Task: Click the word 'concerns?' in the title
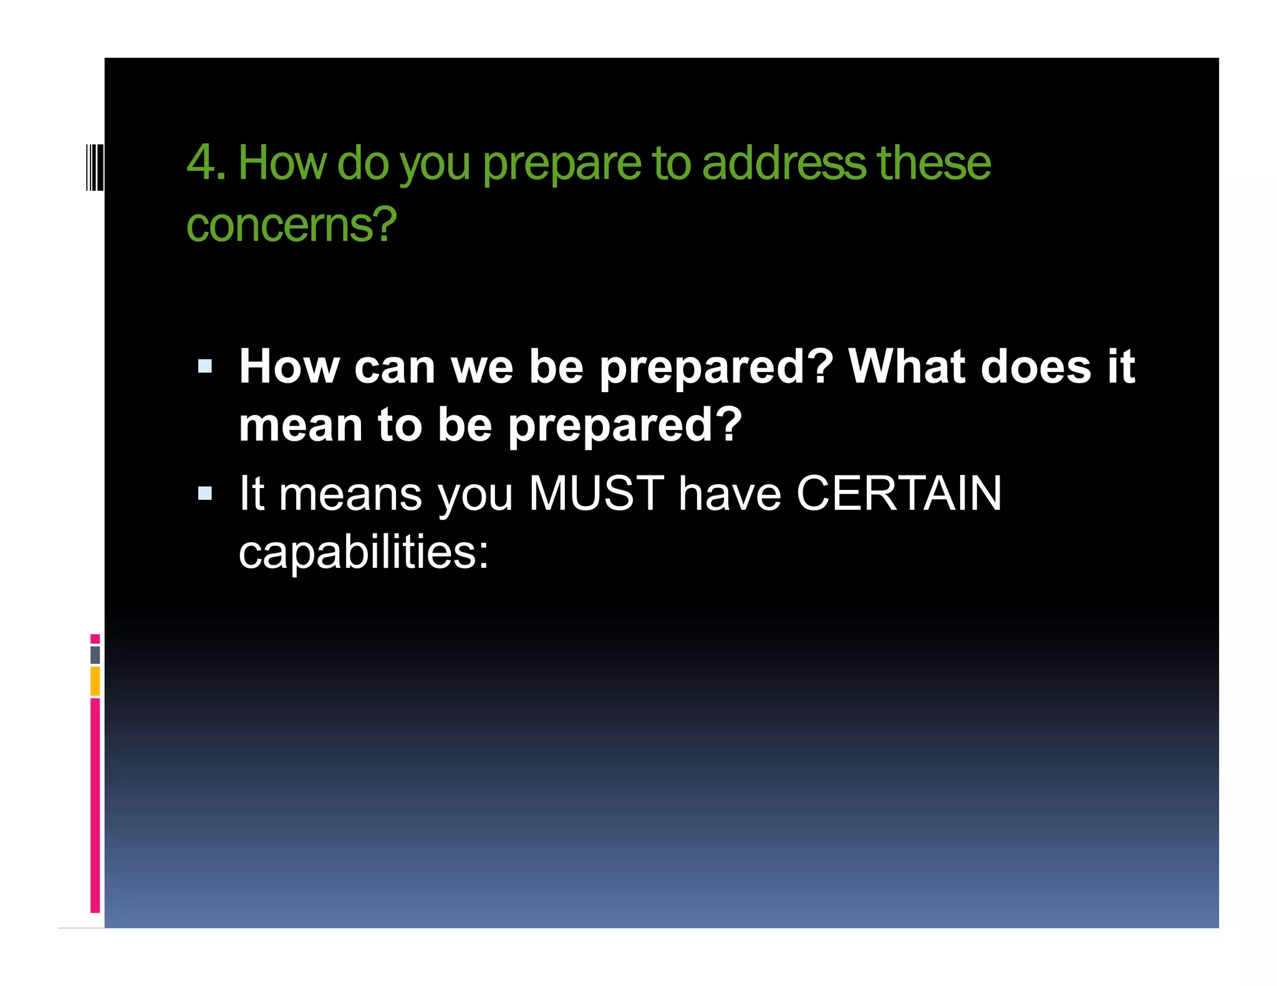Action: click(x=291, y=225)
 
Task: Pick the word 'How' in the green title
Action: click(x=282, y=163)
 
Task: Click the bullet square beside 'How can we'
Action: click(x=205, y=366)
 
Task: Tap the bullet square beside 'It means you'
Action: click(x=205, y=494)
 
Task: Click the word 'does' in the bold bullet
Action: click(x=1036, y=366)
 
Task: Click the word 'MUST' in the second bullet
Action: click(x=596, y=494)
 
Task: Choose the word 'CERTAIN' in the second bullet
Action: click(x=899, y=494)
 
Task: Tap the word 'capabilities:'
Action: click(x=364, y=552)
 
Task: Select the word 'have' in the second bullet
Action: click(x=730, y=494)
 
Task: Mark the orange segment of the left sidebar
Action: click(x=95, y=681)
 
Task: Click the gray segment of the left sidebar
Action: click(x=95, y=655)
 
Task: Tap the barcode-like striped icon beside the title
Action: click(x=95, y=166)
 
